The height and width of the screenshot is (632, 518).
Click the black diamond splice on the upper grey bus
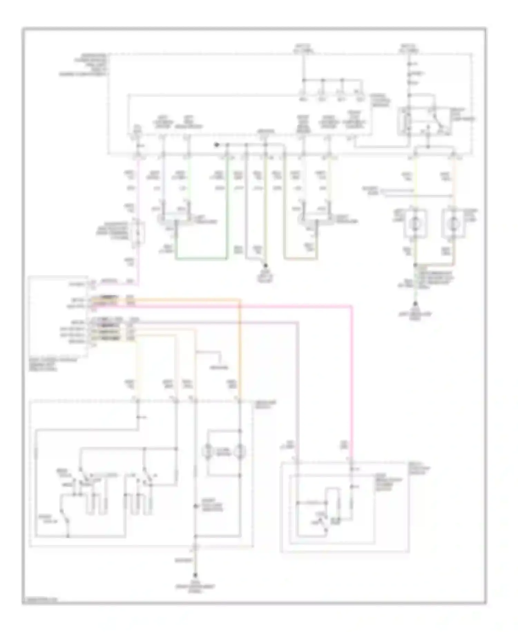(217, 145)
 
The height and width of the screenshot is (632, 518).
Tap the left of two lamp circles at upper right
(414, 223)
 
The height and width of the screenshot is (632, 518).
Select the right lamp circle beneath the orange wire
(453, 223)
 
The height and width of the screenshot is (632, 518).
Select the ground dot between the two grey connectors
(266, 266)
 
